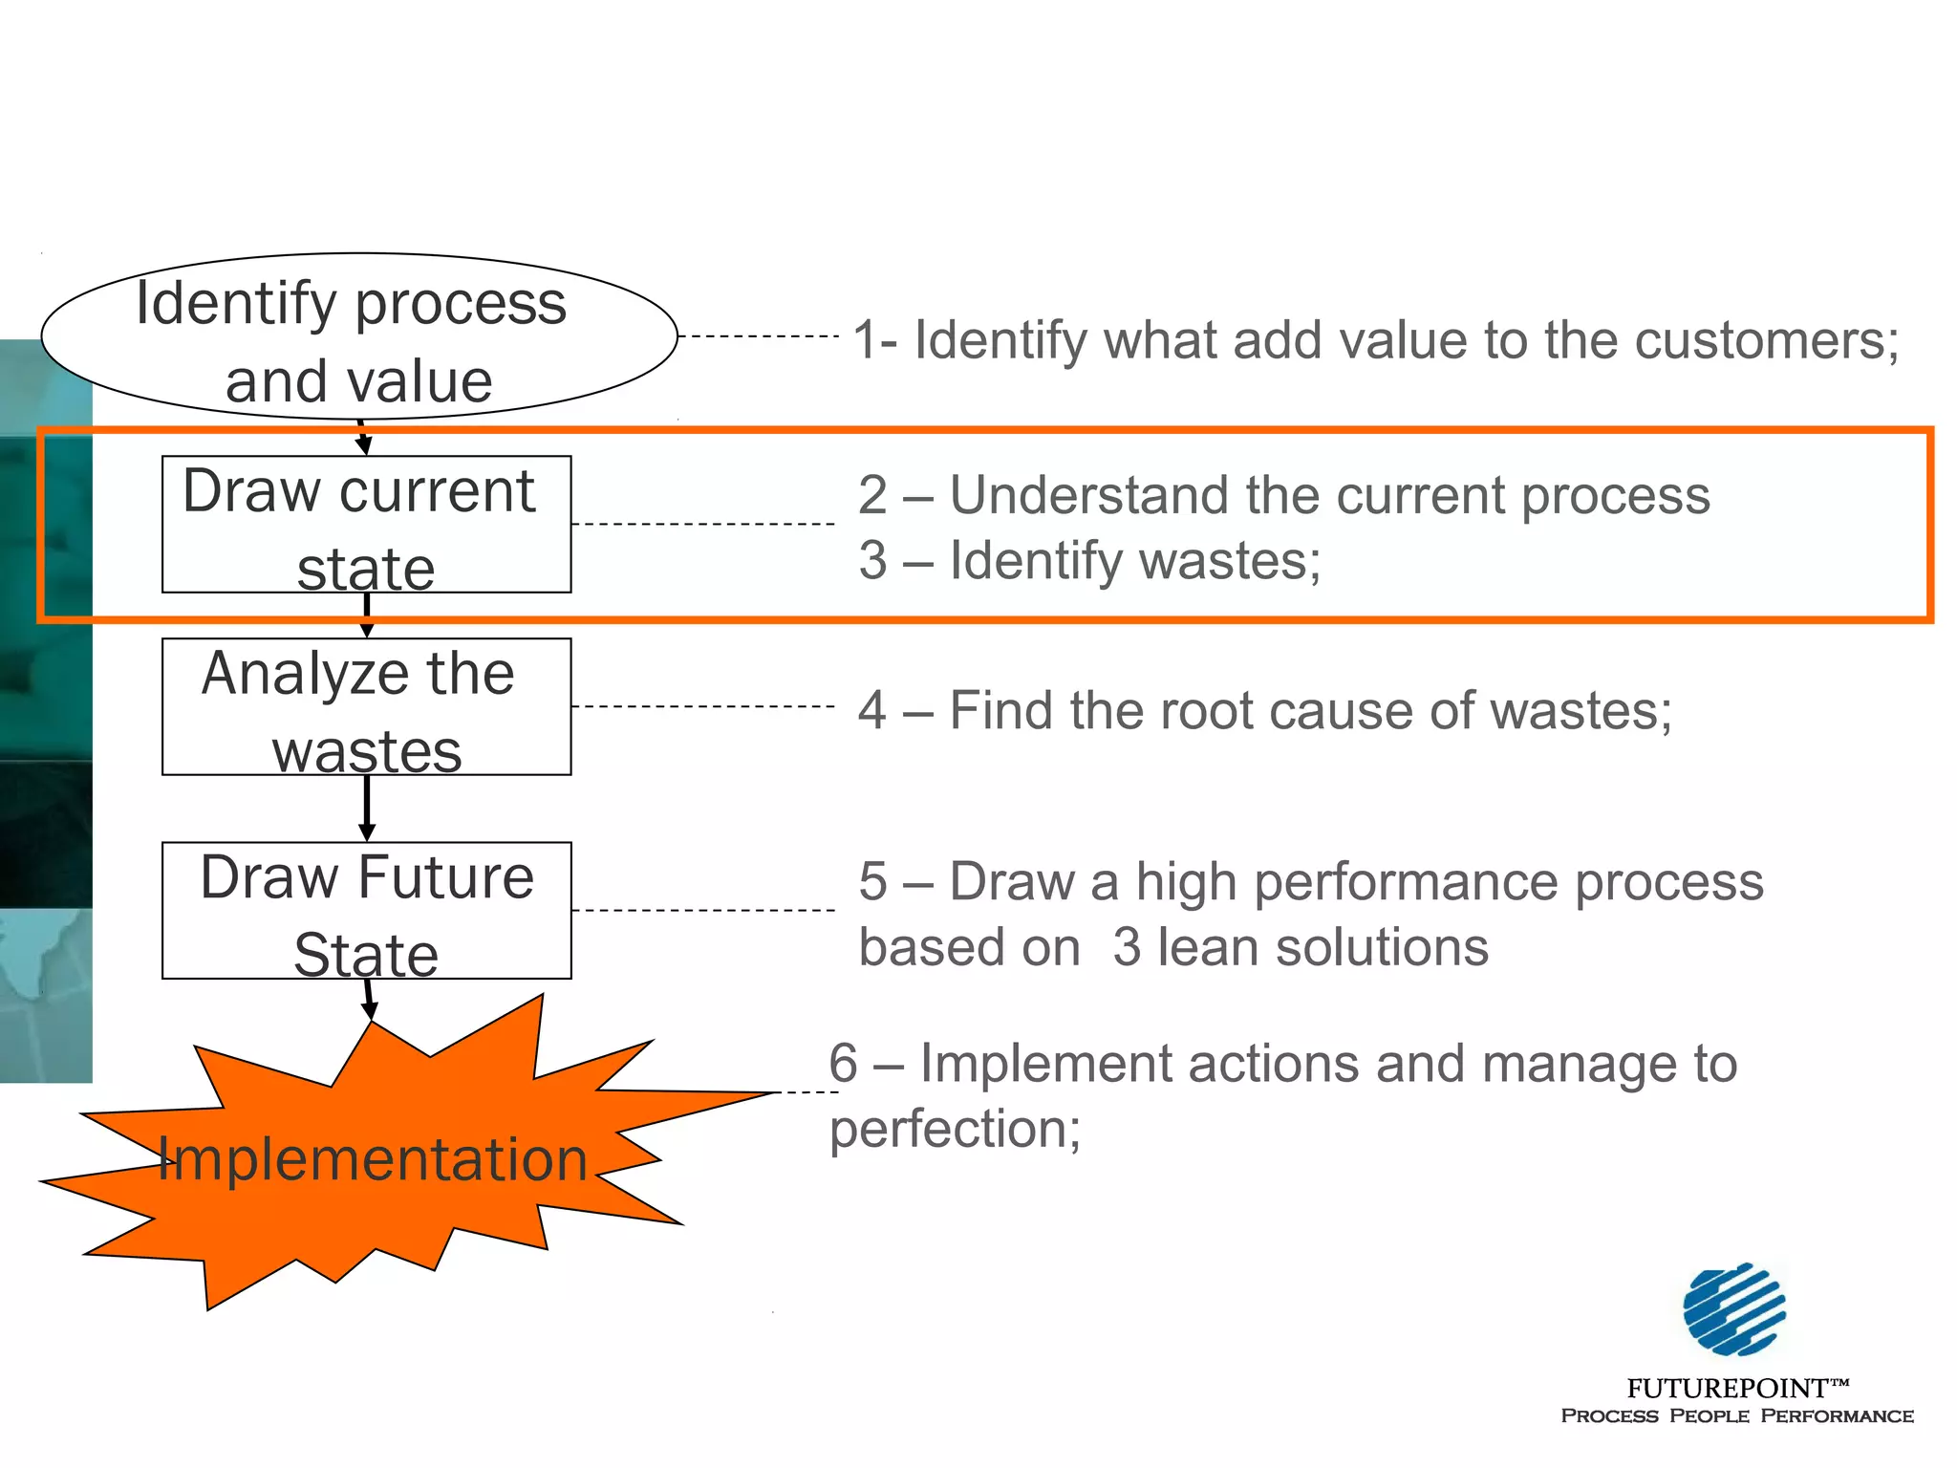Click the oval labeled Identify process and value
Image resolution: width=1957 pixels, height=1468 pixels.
(359, 336)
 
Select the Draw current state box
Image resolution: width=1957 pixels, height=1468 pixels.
(366, 524)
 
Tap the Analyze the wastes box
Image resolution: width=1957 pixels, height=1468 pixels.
(366, 706)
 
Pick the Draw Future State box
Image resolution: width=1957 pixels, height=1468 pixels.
(366, 910)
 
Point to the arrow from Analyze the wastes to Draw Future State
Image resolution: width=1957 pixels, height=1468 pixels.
(367, 808)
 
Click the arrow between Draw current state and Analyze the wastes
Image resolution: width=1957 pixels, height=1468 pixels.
(367, 615)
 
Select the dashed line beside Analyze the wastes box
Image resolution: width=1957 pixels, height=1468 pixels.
(703, 706)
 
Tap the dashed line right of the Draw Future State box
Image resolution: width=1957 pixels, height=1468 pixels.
(703, 910)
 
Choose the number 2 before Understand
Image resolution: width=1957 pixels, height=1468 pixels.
(872, 495)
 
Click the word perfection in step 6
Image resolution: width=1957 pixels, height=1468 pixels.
(954, 1130)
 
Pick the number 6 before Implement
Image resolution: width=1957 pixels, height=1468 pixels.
(843, 1063)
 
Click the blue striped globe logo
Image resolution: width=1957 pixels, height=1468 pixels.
(1734, 1308)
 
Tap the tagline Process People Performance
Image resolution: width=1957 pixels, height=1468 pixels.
(1737, 1416)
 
